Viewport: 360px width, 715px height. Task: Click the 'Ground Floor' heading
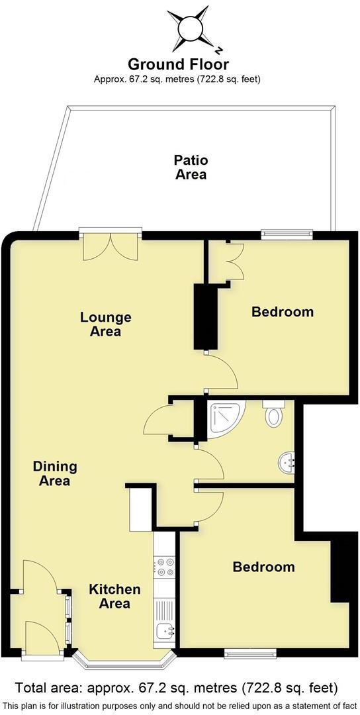coord(179,64)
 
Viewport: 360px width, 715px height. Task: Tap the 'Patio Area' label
coord(191,167)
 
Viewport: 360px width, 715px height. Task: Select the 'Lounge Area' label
coord(105,324)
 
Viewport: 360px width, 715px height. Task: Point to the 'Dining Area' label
coord(55,473)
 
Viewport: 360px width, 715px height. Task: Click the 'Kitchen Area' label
coord(115,596)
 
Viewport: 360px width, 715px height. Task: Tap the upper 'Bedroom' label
coord(283,311)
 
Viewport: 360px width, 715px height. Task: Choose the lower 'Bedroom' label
coord(263,567)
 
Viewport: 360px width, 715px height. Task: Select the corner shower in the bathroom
coord(224,417)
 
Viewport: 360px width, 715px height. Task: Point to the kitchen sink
coord(164,633)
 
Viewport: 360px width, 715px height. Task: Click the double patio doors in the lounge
coord(111,245)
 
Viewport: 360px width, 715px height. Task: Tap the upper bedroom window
coord(287,232)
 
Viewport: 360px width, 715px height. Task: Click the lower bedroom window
coord(250,654)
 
